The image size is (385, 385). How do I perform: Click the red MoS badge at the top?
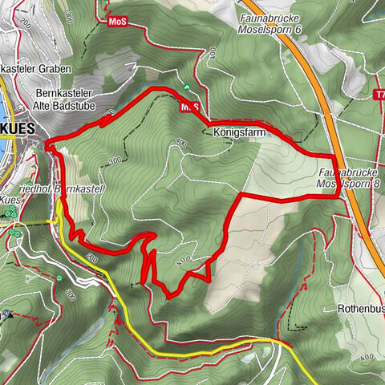click(117, 22)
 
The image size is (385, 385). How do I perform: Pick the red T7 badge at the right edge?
click(379, 95)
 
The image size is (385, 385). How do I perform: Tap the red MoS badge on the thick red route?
click(189, 106)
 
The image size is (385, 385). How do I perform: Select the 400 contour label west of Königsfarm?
click(178, 143)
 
